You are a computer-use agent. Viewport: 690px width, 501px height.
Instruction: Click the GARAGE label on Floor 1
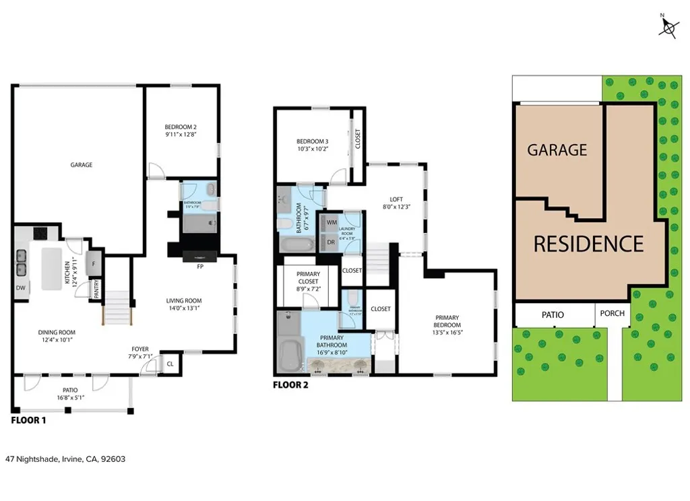pyautogui.click(x=82, y=165)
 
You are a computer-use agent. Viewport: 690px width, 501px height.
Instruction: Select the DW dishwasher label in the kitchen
pyautogui.click(x=20, y=288)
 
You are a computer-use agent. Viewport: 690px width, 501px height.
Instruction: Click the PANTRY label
pyautogui.click(x=97, y=289)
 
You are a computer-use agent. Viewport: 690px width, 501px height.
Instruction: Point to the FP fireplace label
pyautogui.click(x=201, y=267)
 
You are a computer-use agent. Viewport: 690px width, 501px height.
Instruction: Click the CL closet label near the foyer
pyautogui.click(x=170, y=364)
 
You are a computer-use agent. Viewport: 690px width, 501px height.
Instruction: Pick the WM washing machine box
pyautogui.click(x=332, y=222)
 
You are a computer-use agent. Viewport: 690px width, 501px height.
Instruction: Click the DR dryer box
pyautogui.click(x=332, y=242)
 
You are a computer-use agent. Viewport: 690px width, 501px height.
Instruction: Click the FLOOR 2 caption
pyautogui.click(x=290, y=386)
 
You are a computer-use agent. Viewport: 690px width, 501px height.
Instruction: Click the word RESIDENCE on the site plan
pyautogui.click(x=588, y=243)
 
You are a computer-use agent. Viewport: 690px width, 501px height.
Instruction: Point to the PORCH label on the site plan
pyautogui.click(x=612, y=313)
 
